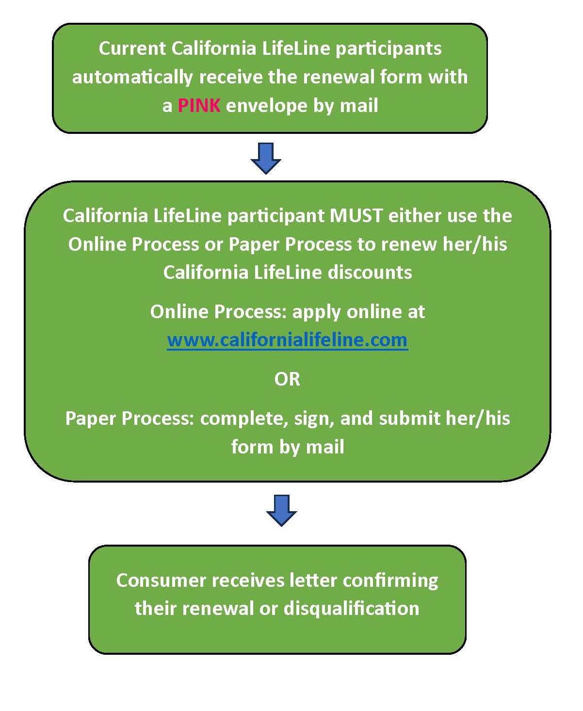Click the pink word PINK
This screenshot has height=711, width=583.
199,105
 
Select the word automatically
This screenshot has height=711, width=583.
132,77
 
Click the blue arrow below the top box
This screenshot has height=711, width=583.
266,158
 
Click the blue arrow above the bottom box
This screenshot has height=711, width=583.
281,510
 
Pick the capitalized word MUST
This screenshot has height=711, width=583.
356,215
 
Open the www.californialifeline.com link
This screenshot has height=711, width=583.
287,339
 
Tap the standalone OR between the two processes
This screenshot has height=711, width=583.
287,379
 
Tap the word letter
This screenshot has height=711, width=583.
313,580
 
